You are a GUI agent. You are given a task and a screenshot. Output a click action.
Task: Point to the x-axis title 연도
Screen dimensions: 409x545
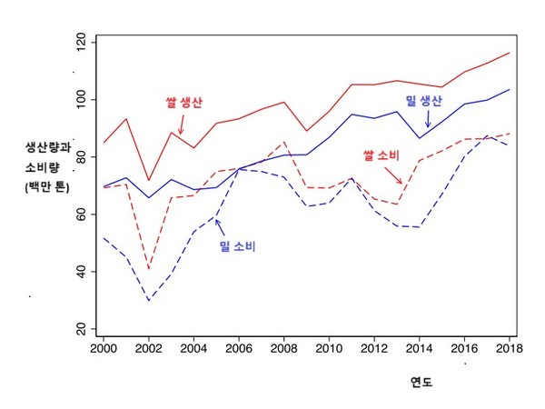pyautogui.click(x=421, y=383)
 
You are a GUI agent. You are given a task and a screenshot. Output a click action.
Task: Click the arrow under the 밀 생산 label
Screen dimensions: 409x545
pyautogui.click(x=428, y=120)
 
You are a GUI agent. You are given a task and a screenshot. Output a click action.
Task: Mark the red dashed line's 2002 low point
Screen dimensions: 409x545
pyautogui.click(x=149, y=270)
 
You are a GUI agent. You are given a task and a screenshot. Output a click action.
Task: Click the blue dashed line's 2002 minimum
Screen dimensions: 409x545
pyautogui.click(x=149, y=300)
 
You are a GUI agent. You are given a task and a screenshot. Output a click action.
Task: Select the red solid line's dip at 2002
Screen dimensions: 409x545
pyautogui.click(x=149, y=181)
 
